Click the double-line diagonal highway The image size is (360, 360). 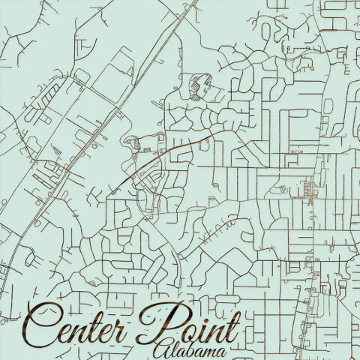(x=97, y=135)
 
